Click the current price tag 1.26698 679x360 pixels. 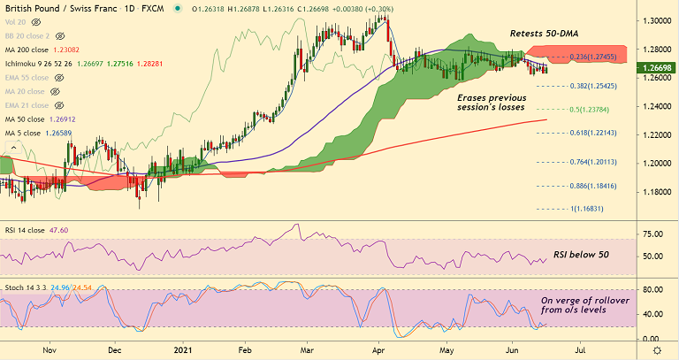(x=654, y=66)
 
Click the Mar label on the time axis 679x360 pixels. (x=308, y=350)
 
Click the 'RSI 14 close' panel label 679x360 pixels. (x=25, y=229)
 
